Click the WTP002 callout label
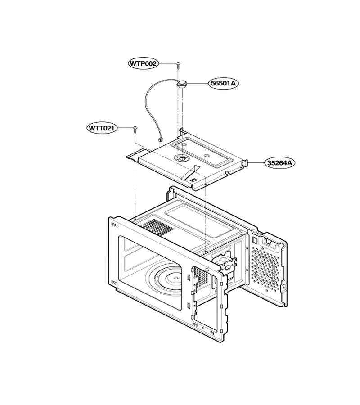[x=144, y=63]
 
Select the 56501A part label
[x=223, y=83]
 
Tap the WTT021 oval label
[x=102, y=128]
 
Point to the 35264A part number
[x=280, y=163]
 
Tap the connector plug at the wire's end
[x=160, y=140]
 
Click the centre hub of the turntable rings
[x=175, y=278]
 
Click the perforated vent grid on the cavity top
[x=157, y=228]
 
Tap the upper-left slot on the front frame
[x=114, y=226]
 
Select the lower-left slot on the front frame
[x=114, y=283]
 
